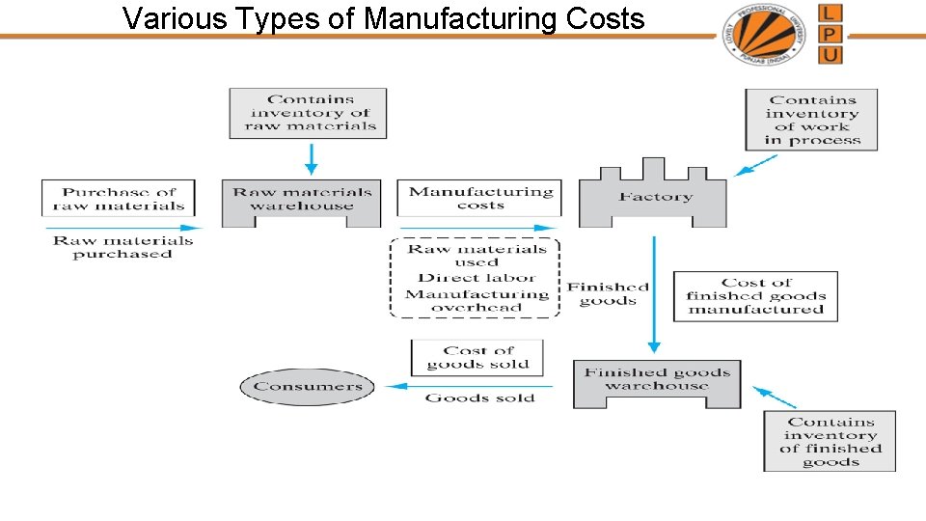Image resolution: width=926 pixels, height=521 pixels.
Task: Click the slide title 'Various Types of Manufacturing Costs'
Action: click(x=384, y=17)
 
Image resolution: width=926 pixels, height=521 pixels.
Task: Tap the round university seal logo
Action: click(x=764, y=34)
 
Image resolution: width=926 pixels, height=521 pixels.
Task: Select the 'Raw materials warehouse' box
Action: click(x=302, y=201)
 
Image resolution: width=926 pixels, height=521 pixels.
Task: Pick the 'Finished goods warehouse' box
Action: click(x=658, y=380)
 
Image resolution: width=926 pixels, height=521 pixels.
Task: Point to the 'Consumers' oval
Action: click(x=308, y=387)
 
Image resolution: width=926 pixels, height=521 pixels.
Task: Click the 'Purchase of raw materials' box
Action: click(x=119, y=198)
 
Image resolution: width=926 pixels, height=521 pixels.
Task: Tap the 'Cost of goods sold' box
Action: click(x=477, y=358)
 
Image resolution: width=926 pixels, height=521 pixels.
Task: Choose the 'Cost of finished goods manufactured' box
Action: click(x=755, y=296)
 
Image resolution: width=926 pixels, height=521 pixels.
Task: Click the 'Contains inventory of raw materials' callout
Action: click(x=309, y=112)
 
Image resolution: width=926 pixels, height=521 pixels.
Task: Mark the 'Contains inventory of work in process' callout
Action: click(x=811, y=120)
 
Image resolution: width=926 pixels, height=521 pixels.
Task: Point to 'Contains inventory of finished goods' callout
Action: click(x=830, y=441)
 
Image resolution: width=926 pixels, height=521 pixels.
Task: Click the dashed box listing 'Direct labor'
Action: click(x=476, y=278)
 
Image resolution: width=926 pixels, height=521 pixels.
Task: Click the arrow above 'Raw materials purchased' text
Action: click(x=119, y=229)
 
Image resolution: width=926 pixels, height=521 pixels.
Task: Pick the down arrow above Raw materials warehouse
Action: click(x=311, y=157)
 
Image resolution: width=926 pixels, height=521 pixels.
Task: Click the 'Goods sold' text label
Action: click(x=479, y=398)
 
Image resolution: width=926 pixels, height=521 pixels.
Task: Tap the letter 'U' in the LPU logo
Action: click(x=831, y=54)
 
